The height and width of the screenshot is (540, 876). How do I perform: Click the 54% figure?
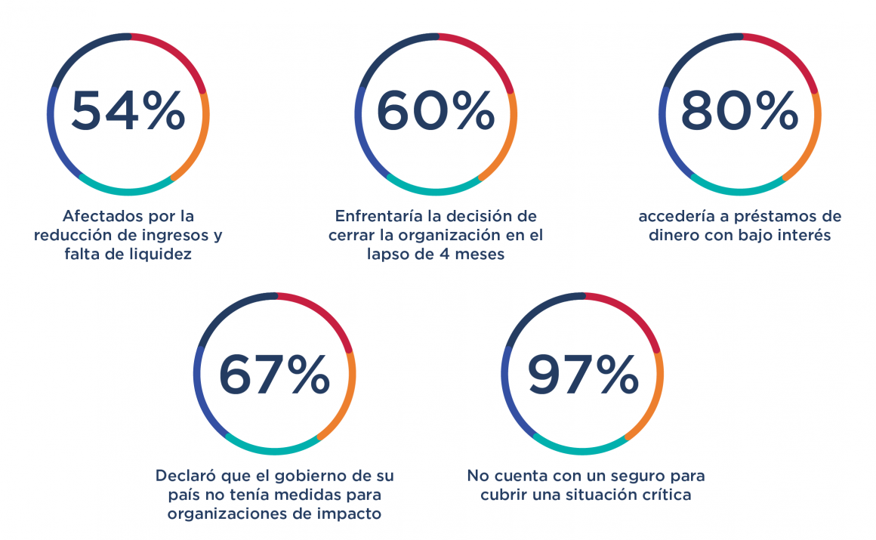coord(128,112)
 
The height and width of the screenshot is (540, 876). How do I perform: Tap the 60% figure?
coord(436,112)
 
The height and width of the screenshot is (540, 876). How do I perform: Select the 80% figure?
coord(740,112)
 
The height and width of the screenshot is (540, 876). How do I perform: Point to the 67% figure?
coord(274,373)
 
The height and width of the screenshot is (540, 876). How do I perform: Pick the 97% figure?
coord(582,373)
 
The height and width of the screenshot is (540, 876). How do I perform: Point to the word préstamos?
coord(762,217)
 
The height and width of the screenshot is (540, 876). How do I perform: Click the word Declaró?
coord(185,477)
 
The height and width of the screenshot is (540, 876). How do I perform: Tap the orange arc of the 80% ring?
coord(811,143)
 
